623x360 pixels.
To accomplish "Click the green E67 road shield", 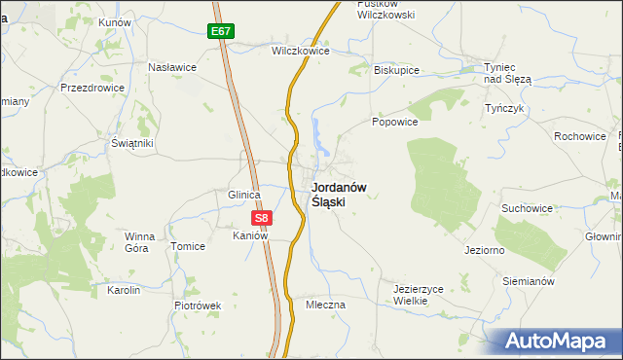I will click(221, 31).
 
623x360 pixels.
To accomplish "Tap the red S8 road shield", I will click(260, 218).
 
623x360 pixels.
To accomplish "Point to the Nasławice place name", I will click(172, 67).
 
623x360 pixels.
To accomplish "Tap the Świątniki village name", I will click(132, 143).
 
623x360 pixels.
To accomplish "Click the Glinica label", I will click(243, 195).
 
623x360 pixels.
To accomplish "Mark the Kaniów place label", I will click(249, 236).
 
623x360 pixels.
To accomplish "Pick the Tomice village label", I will click(188, 246).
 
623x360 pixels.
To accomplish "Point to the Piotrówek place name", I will click(198, 306).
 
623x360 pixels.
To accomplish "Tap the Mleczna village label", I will click(325, 305).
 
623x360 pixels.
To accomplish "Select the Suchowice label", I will click(527, 208).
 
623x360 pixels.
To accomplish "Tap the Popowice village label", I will click(394, 123).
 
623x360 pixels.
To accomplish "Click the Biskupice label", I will click(396, 70).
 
